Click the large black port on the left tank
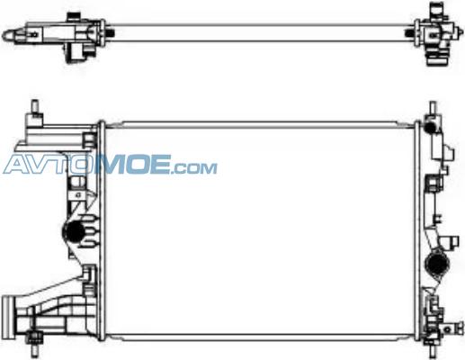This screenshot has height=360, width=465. click(73, 231)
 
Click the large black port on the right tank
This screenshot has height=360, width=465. click(437, 265)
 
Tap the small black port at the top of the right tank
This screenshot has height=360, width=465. click(431, 127)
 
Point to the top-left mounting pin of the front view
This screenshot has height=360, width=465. click(35, 106)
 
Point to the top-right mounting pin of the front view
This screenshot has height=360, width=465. click(433, 108)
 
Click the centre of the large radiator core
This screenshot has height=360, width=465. click(260, 231)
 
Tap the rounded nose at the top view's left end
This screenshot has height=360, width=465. click(9, 35)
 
